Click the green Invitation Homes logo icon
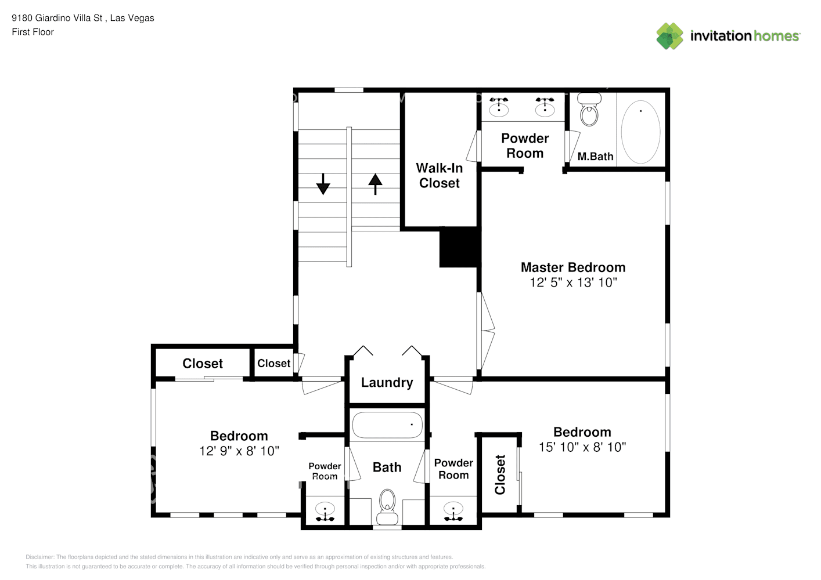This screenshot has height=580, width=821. click(669, 36)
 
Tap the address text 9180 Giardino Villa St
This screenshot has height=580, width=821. click(57, 18)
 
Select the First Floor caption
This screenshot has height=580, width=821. click(33, 32)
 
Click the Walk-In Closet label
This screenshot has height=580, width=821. click(440, 175)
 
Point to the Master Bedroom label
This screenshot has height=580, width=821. click(573, 267)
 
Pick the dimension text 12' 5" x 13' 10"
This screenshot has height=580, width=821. click(573, 282)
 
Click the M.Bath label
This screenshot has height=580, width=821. click(595, 157)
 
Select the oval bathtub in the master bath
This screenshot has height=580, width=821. click(640, 132)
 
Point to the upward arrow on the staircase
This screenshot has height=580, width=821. click(376, 183)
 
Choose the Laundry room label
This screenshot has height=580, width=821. click(387, 383)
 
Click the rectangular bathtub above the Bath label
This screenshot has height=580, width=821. click(387, 425)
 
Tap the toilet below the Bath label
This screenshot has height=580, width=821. click(387, 506)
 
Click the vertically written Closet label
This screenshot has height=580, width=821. click(500, 474)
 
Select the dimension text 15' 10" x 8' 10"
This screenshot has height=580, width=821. click(582, 447)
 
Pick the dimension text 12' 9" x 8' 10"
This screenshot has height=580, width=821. click(239, 451)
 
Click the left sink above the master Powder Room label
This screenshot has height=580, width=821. click(499, 107)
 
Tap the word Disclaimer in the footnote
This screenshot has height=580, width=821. click(39, 557)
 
